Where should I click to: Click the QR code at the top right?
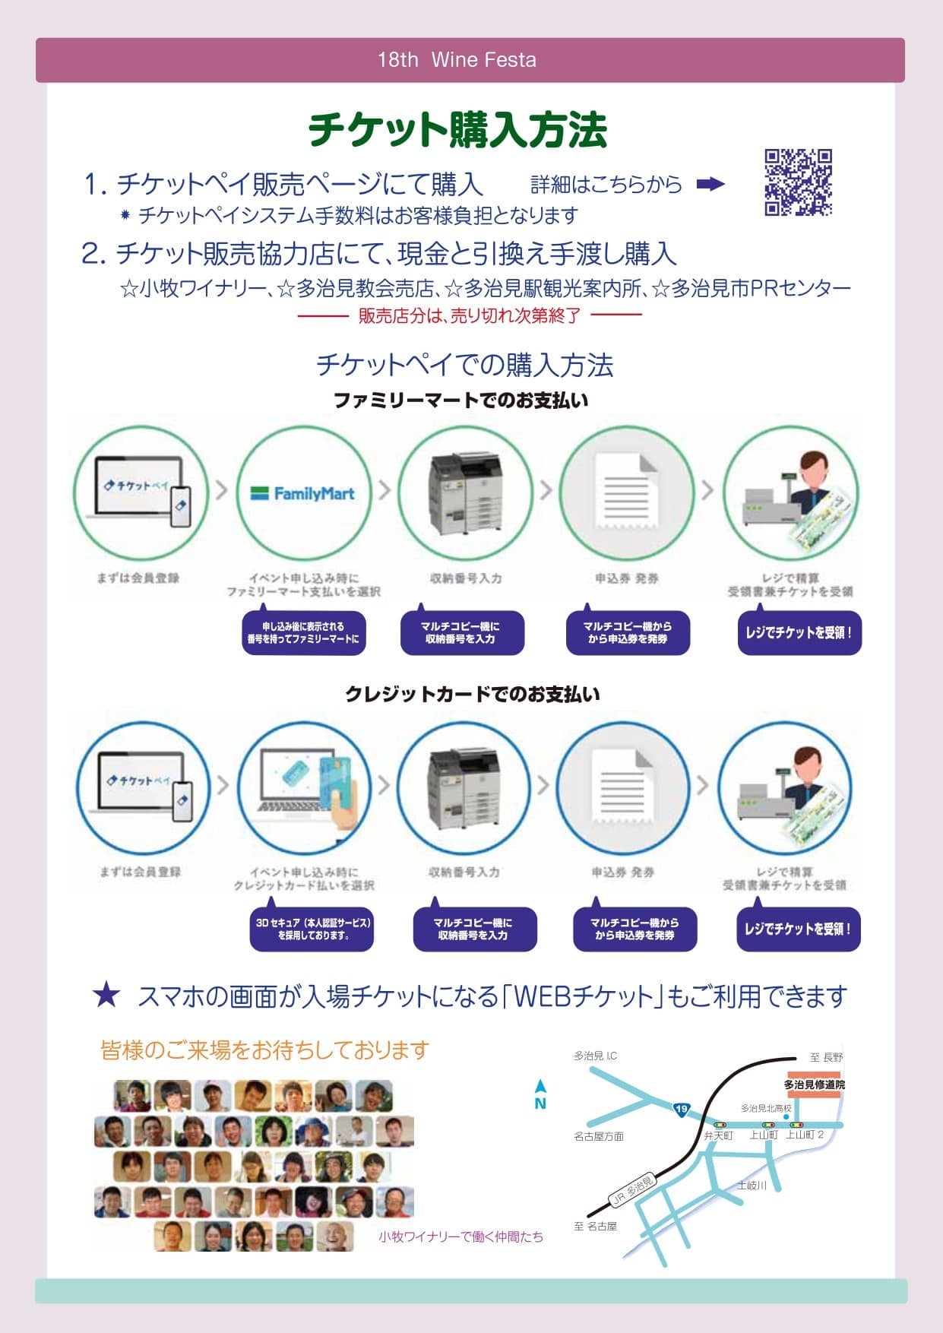tap(798, 182)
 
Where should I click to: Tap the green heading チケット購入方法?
tap(457, 130)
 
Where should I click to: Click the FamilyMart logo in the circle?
tap(303, 493)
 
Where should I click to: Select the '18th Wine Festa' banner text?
tap(457, 60)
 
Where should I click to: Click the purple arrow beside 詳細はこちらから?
tap(710, 184)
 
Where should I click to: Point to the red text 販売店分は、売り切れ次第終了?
tap(470, 315)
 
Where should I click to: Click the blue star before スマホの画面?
tap(106, 995)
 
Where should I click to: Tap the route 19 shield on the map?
tap(681, 1110)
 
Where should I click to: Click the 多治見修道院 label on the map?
tap(814, 1084)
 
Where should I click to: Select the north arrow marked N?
tap(540, 1096)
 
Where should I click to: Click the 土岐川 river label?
tap(752, 1185)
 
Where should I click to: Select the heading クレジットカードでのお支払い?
tap(472, 694)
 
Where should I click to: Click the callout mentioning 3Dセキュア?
tap(312, 929)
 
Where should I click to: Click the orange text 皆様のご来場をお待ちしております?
tap(264, 1050)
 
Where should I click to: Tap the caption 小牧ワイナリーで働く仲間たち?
tap(460, 1236)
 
